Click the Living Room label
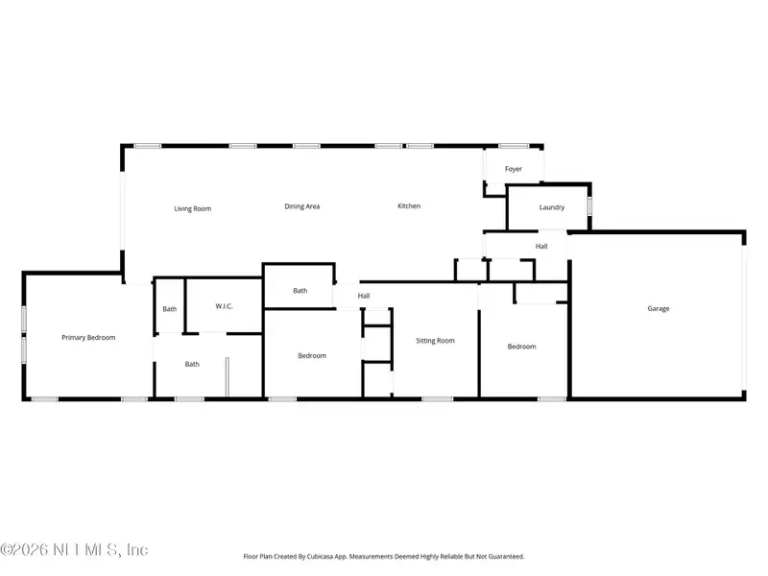coord(192,208)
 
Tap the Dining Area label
coord(301,206)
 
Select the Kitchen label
coord(409,206)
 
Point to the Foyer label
coord(514,169)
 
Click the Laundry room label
coord(551,207)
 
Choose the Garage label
coord(658,309)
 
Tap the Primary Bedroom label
coord(88,338)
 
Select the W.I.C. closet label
coord(223,307)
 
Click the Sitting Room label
coord(435,341)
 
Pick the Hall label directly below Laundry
coord(541,247)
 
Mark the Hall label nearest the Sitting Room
coord(364,297)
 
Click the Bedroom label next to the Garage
coord(521,347)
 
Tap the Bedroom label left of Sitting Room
coord(312,356)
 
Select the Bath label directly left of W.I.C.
coord(169,309)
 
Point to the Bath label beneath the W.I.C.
coord(192,364)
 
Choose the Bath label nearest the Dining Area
coord(300,291)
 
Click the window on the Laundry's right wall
coord(589,205)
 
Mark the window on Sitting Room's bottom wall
coord(438,398)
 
